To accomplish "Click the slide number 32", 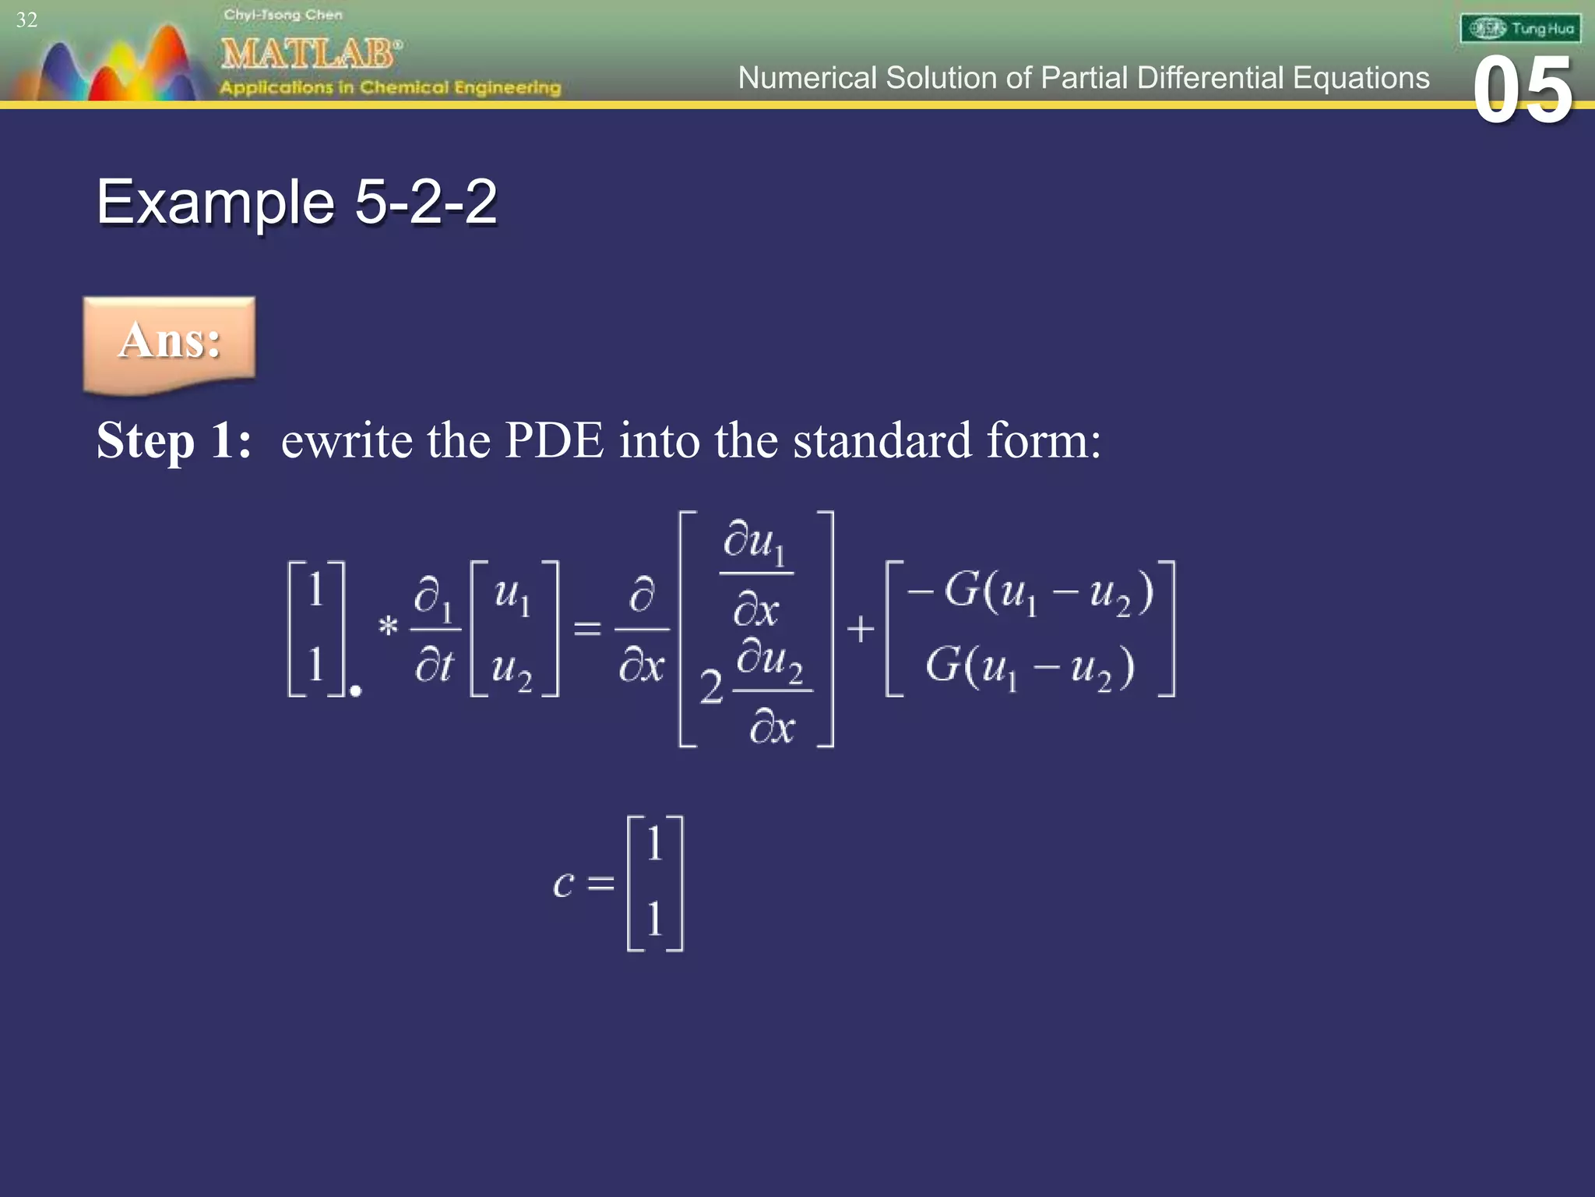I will (x=26, y=19).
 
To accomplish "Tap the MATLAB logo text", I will (x=311, y=53).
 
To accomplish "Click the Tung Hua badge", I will (x=1520, y=29).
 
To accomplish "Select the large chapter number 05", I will (x=1523, y=91).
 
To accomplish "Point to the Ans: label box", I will (x=169, y=343).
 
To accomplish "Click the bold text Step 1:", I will (x=174, y=440).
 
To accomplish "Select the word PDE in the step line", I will (x=554, y=440).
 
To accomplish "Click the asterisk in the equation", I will (x=388, y=626).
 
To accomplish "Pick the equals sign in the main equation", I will (x=587, y=628).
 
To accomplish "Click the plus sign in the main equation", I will (x=860, y=628).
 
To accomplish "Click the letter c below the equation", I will (x=563, y=884).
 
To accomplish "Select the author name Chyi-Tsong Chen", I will (x=283, y=15).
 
